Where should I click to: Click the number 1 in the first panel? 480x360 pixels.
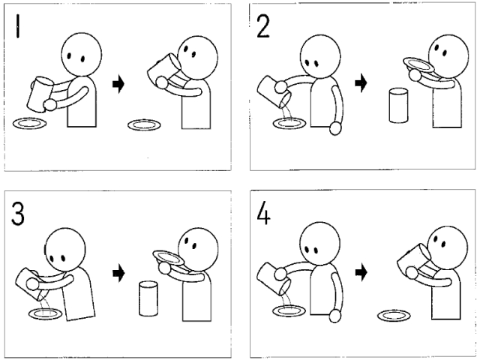point(18,26)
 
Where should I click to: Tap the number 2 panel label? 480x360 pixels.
point(263,27)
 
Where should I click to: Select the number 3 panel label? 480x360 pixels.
point(17,214)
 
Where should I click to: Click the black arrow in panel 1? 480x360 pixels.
point(118,83)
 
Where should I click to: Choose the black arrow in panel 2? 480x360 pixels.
point(361,83)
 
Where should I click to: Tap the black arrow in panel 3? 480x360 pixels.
point(118,272)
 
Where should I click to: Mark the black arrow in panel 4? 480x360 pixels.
point(361,272)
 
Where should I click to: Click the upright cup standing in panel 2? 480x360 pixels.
point(398,105)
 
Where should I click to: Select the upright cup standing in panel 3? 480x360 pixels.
point(148,298)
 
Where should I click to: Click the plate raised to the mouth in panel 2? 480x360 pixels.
point(418,64)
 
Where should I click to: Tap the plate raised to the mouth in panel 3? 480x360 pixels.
point(168,257)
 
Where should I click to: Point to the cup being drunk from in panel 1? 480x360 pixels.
point(163,70)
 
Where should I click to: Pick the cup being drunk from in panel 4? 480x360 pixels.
point(414,260)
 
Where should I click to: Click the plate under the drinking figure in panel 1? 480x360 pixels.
point(144,125)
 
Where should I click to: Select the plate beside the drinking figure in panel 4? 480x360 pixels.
point(394,315)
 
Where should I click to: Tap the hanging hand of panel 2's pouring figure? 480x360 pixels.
point(335,128)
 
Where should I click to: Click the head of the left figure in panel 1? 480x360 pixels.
point(82,55)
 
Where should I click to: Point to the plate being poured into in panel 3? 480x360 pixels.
point(46,314)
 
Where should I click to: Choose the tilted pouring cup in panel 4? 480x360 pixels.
point(273,279)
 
